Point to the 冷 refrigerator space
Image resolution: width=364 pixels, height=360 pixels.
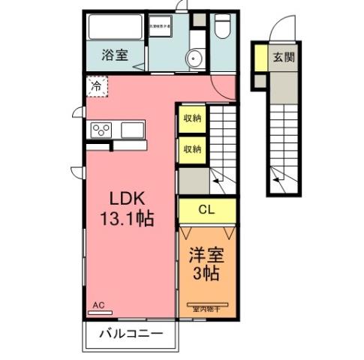coord(96,86)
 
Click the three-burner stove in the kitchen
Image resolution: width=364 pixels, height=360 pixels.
coord(101,130)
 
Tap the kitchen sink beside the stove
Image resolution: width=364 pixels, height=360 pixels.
coord(133,130)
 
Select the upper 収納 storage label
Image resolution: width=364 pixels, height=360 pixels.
coord(191,118)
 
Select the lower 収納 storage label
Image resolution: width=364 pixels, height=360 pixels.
coord(191,148)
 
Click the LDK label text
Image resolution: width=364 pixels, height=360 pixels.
coord(128,199)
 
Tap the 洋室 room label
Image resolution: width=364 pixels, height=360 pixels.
coord(204,254)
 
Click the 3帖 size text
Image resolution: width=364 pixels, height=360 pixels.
coord(204,274)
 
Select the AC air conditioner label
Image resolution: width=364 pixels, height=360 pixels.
coord(98,305)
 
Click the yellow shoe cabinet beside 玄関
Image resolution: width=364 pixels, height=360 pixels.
coord(259,56)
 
